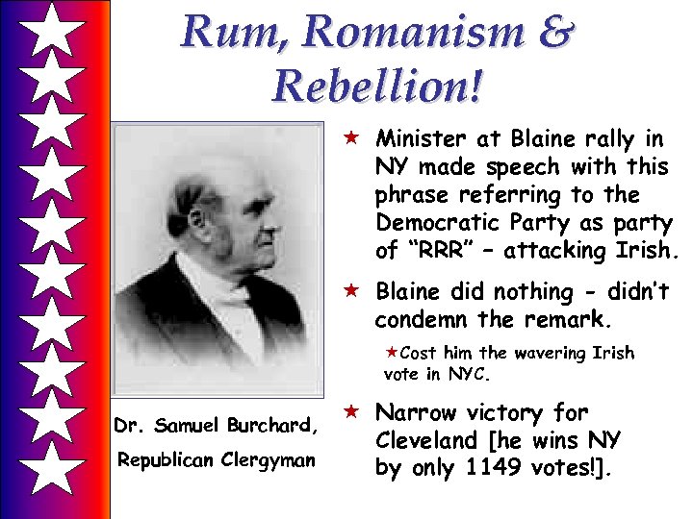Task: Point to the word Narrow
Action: (415, 413)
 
